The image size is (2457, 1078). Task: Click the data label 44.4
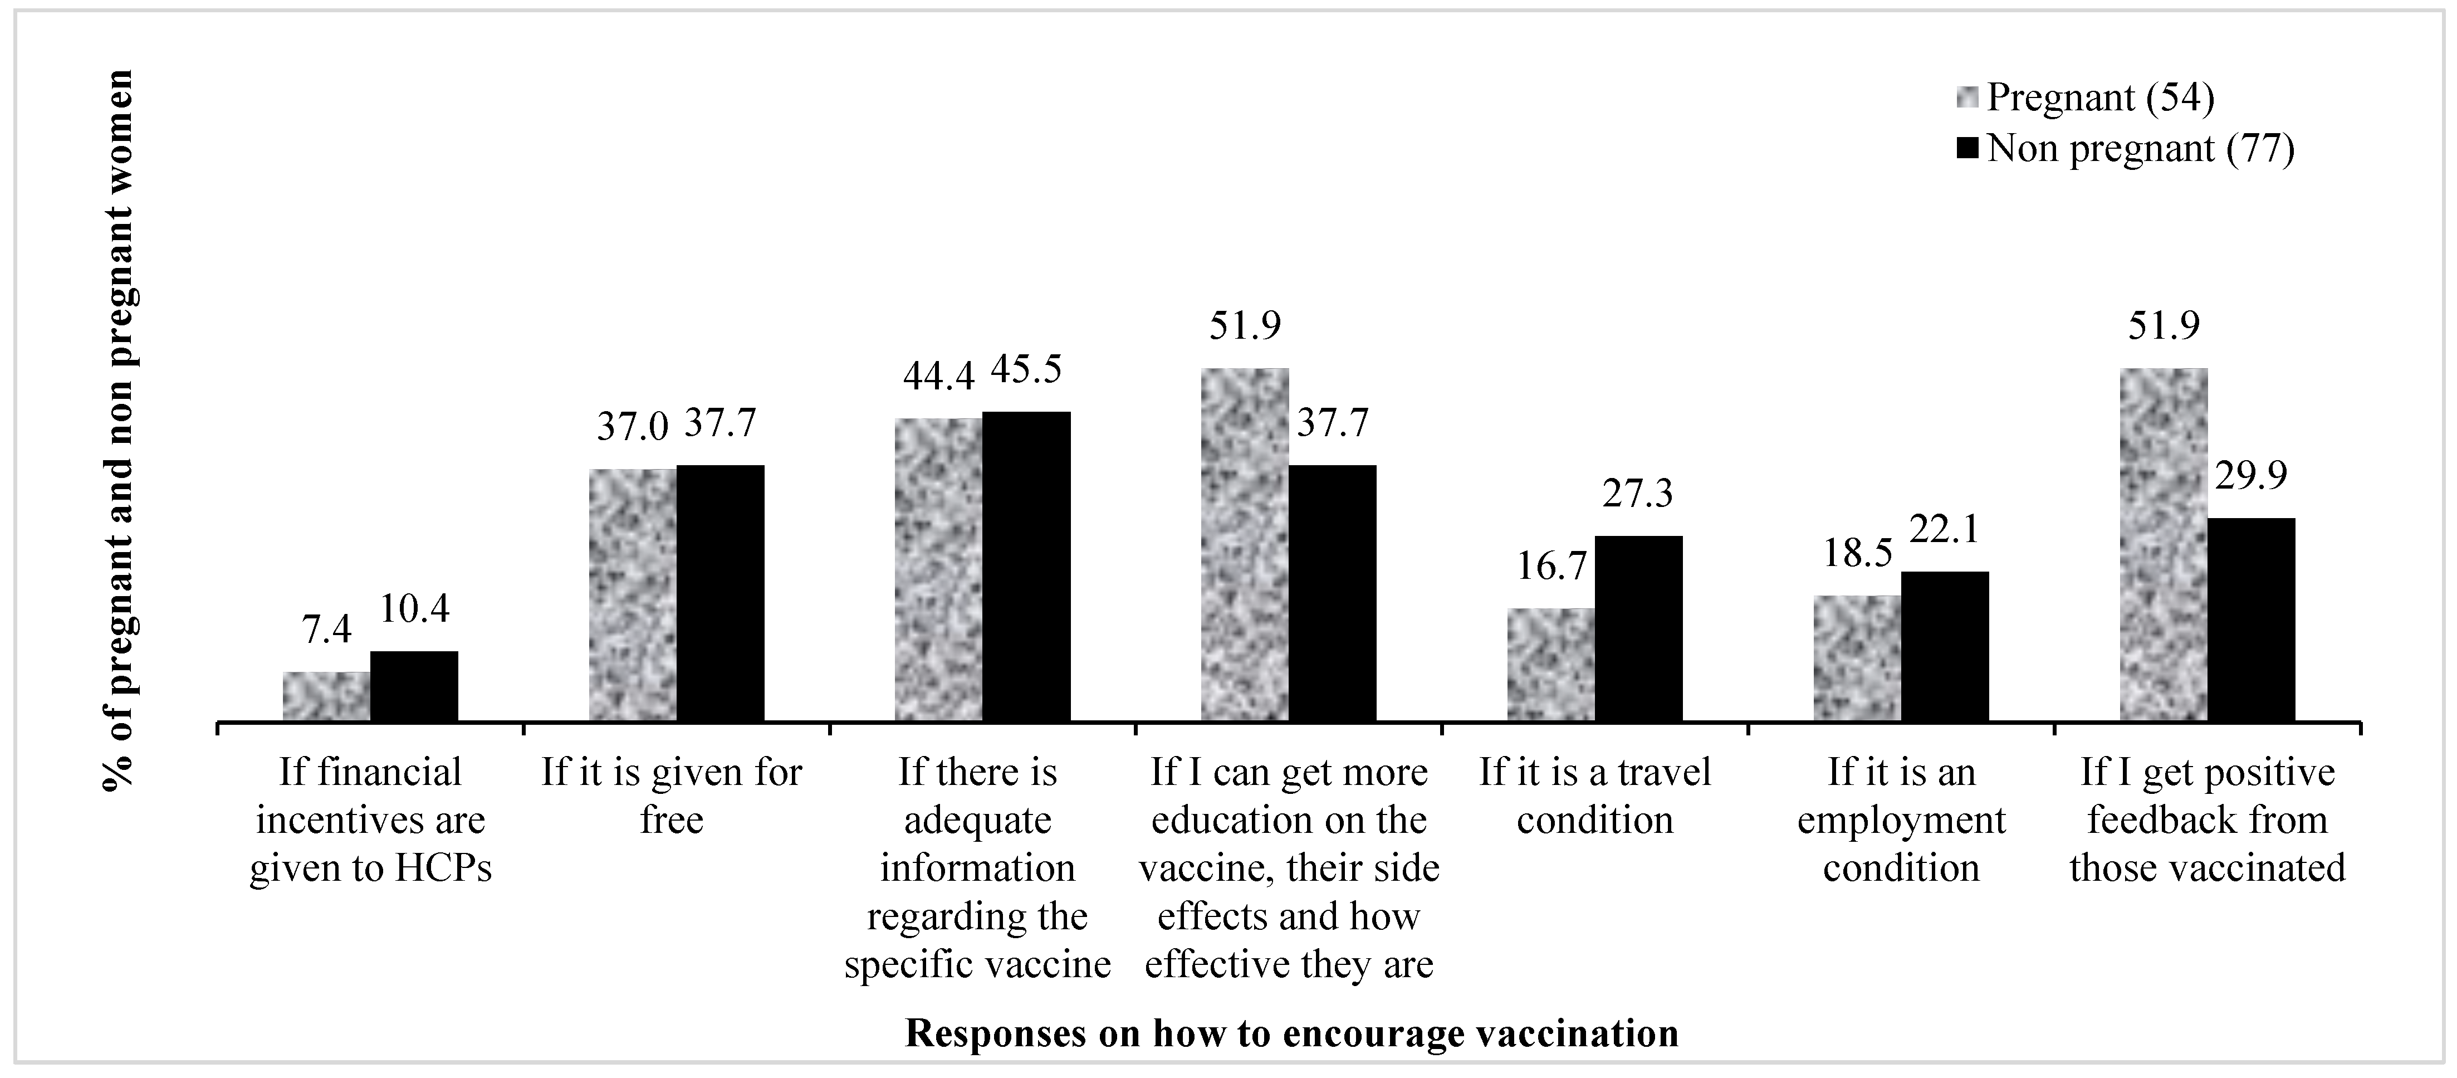click(x=938, y=377)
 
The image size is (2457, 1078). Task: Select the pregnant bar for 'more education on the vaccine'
click(x=1245, y=544)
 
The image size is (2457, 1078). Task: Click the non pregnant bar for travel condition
click(x=1638, y=628)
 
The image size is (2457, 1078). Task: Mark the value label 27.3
click(x=1638, y=494)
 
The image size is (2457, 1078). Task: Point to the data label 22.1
click(x=1944, y=529)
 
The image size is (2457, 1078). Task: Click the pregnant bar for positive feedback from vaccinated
click(x=2163, y=544)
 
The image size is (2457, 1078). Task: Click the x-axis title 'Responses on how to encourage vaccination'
click(x=1291, y=1034)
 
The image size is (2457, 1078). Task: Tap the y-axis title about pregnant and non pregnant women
click(x=119, y=431)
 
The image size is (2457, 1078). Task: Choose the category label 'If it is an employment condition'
click(x=1901, y=821)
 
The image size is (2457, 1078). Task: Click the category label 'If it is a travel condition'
click(x=1595, y=797)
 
